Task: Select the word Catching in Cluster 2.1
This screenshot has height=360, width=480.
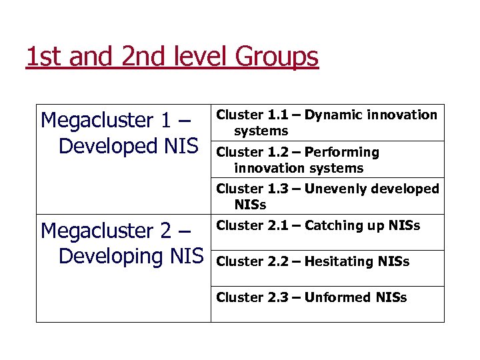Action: coord(331,225)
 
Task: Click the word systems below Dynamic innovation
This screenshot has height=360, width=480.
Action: coord(261,131)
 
